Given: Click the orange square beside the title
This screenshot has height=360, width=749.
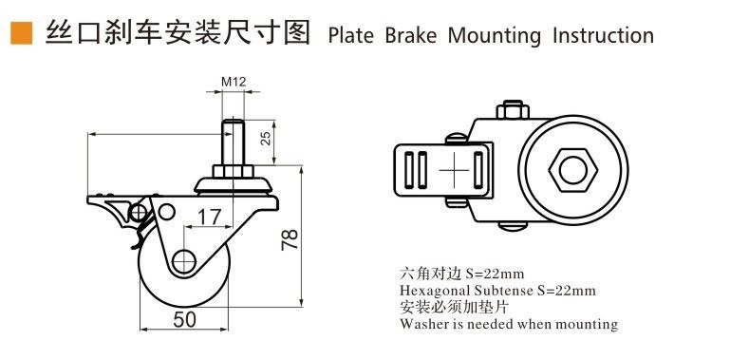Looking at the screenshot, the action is click(x=22, y=33).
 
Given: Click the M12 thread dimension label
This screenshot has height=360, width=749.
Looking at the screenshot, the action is click(x=234, y=82).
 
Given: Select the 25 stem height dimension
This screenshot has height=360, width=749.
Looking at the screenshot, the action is click(x=267, y=138).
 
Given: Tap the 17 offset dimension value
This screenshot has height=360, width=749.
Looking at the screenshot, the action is click(x=210, y=218).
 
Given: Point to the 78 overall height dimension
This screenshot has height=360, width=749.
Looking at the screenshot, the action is click(x=290, y=239).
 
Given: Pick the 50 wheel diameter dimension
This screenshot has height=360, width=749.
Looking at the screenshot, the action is click(x=184, y=320).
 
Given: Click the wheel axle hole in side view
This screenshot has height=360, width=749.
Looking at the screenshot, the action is click(x=184, y=261).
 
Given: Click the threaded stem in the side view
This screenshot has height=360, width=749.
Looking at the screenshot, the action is click(x=233, y=142).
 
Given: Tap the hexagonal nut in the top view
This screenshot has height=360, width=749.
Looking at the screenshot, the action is click(x=572, y=170).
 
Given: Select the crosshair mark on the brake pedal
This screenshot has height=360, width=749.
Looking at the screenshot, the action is click(x=455, y=170).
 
